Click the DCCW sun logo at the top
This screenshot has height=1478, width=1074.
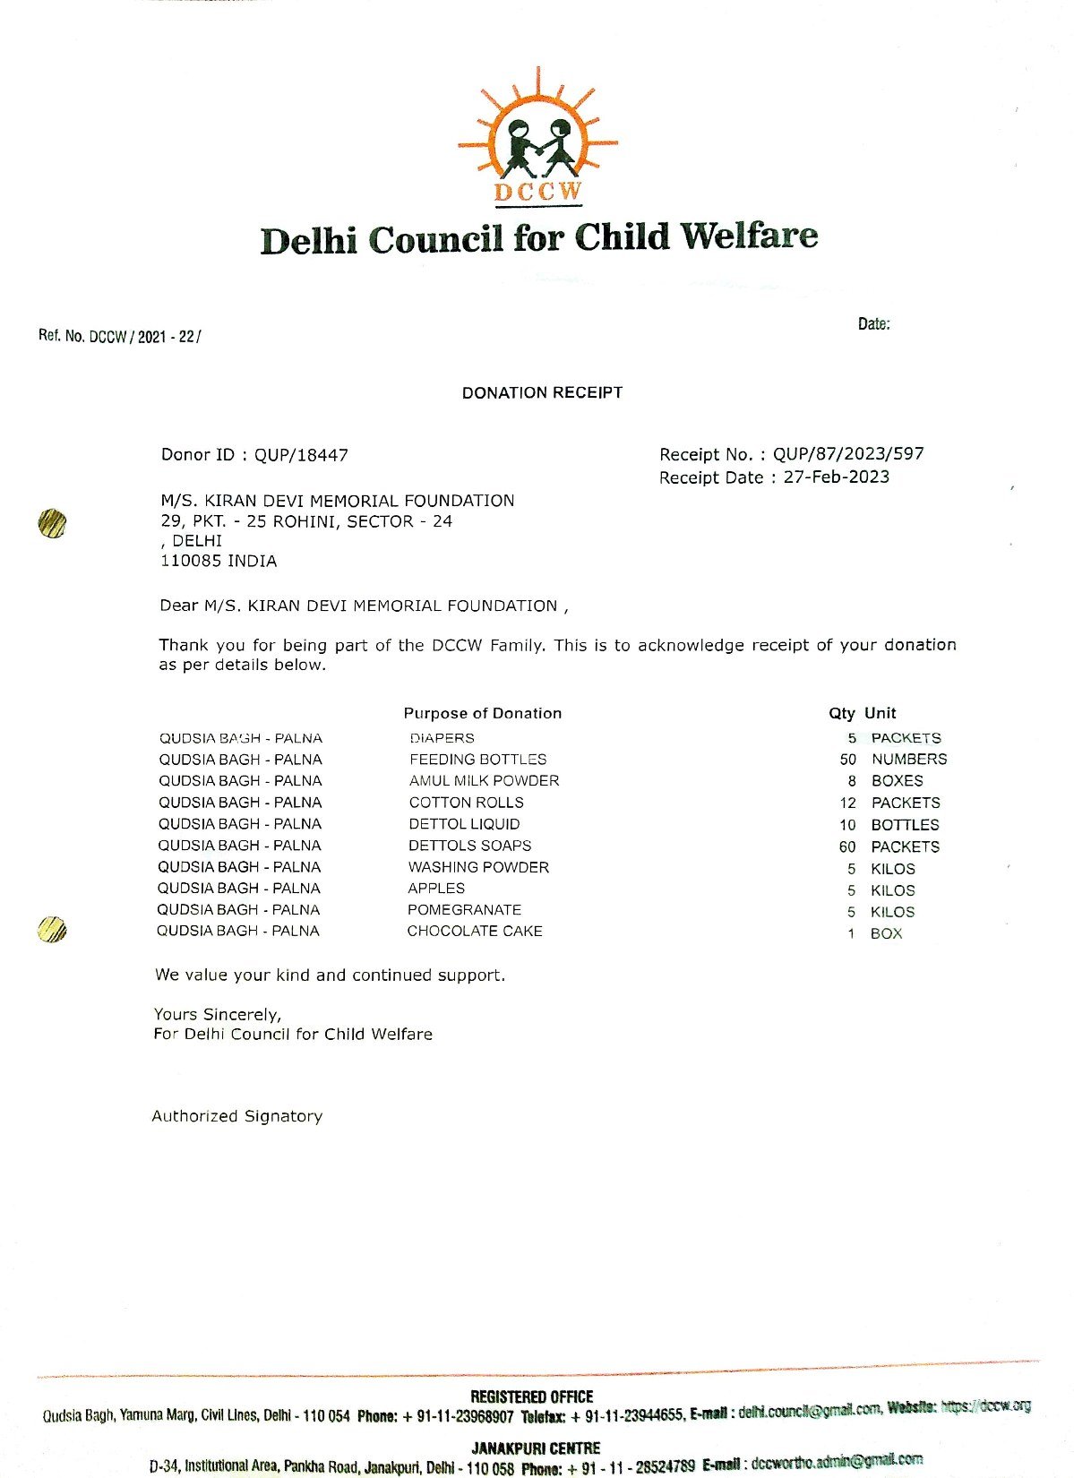(x=537, y=134)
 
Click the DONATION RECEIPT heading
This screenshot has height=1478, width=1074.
(x=542, y=392)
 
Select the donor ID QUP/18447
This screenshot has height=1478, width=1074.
(x=301, y=455)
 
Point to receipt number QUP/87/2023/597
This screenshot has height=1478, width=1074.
(x=847, y=454)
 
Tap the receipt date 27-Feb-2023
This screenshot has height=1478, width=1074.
(x=836, y=477)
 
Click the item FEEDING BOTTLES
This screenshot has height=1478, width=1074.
(x=477, y=759)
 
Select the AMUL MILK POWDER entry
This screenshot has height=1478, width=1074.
(x=484, y=780)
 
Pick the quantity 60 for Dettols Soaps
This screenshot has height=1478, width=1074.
(x=847, y=846)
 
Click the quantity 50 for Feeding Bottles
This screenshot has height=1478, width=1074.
(x=847, y=759)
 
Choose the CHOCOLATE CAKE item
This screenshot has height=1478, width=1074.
(x=475, y=931)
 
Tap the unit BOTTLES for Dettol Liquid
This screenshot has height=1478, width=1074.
(x=905, y=824)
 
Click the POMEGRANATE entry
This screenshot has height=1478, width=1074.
(x=464, y=909)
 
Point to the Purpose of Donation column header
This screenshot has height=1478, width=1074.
(x=482, y=713)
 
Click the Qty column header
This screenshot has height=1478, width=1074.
(x=841, y=713)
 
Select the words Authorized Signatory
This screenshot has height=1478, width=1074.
(x=236, y=1116)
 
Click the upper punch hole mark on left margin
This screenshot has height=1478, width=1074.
(x=53, y=523)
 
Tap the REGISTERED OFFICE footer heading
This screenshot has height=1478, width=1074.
(x=531, y=1396)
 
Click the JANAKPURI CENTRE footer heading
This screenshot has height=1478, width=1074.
(x=536, y=1448)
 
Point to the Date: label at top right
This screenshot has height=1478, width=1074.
(x=873, y=324)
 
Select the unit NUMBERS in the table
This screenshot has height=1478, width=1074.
(x=908, y=759)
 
